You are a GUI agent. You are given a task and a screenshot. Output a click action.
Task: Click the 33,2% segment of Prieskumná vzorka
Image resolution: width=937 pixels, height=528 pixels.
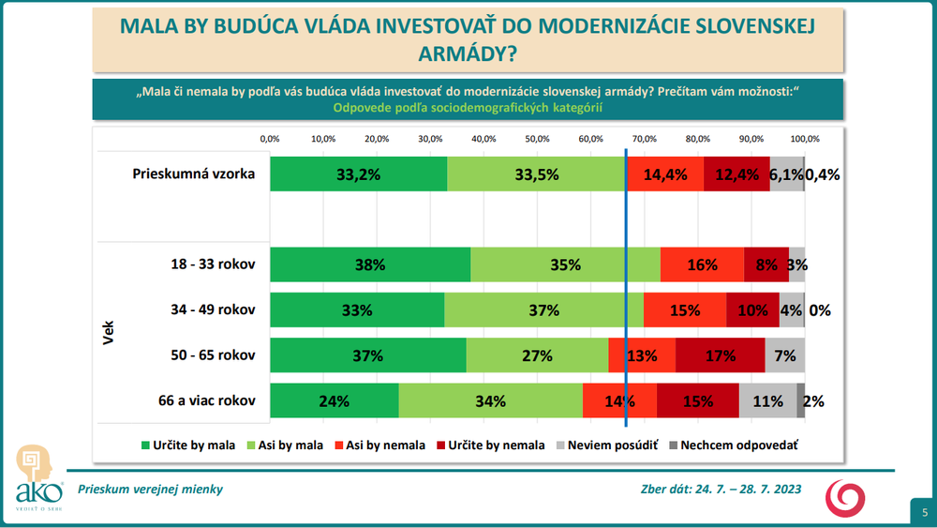click(x=358, y=173)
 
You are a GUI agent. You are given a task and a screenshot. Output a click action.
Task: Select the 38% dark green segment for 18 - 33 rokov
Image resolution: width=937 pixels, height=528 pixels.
click(x=370, y=264)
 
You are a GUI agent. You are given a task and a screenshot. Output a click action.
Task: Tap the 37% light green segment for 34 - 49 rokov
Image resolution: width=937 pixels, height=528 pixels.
click(x=543, y=310)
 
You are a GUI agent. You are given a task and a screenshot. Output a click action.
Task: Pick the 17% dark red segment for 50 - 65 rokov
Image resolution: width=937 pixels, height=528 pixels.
click(x=720, y=355)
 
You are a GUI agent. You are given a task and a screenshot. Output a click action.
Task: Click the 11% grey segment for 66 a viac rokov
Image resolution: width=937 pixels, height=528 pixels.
click(x=767, y=400)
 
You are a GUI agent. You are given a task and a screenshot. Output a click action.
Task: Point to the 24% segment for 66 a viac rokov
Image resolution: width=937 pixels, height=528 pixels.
click(x=335, y=400)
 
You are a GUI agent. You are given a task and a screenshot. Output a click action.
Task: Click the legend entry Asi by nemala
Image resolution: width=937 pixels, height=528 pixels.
click(x=379, y=445)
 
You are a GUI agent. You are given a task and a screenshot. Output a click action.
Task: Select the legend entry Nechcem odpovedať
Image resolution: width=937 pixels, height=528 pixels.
click(x=731, y=445)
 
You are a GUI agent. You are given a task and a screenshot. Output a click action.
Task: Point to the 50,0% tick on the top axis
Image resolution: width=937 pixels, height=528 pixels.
click(x=537, y=139)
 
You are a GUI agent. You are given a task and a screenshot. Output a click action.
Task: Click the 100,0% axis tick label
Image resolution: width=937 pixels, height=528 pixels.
click(x=804, y=139)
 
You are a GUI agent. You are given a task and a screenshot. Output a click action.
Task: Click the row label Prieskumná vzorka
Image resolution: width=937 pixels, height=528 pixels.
click(x=194, y=173)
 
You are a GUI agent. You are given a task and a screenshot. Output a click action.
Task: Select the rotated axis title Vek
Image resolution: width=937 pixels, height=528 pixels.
click(x=108, y=333)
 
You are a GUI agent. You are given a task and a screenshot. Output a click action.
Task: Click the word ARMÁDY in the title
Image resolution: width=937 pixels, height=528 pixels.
click(x=468, y=54)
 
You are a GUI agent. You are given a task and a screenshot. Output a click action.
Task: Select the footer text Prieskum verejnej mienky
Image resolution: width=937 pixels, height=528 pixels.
click(x=151, y=489)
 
